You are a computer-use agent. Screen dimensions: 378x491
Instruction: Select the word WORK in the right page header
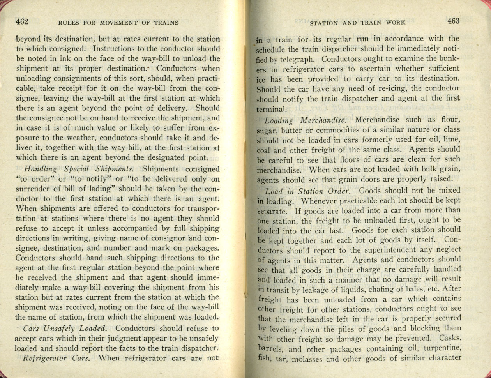pos(396,23)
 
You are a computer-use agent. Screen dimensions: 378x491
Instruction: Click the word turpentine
pos(432,348)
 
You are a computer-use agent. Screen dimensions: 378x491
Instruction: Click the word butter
pos(291,130)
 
